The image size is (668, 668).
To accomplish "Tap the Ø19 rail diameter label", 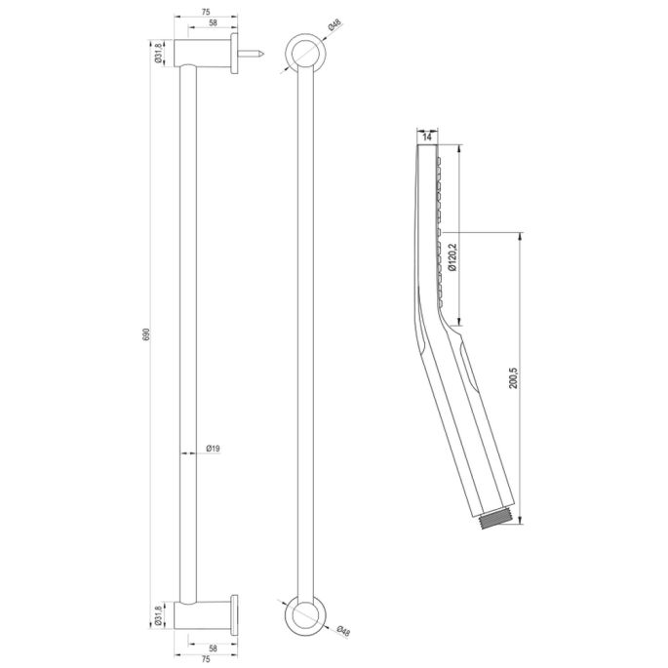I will pyautogui.click(x=213, y=449).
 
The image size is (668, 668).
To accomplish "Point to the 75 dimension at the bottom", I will pyautogui.click(x=206, y=659).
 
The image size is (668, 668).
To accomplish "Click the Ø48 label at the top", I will pyautogui.click(x=334, y=26).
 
